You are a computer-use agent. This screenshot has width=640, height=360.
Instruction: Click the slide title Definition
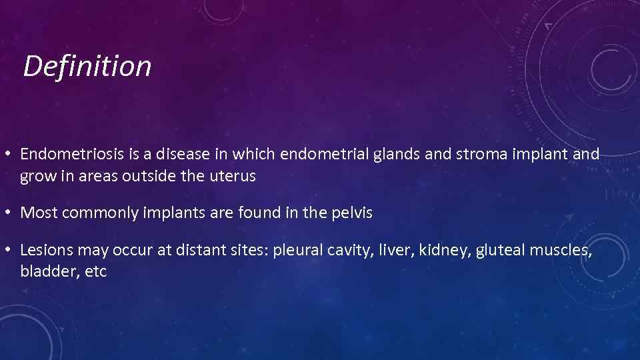[87, 66]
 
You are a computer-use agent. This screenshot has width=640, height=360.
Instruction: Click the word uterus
[234, 177]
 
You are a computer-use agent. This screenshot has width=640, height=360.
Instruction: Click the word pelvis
[351, 213]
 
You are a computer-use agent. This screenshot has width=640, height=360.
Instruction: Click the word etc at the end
[96, 273]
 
